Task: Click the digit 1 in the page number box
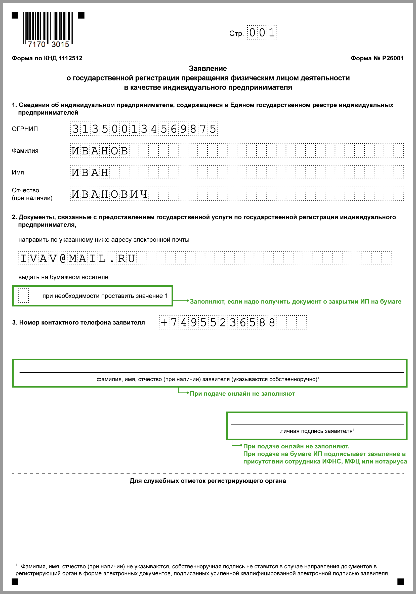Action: click(272, 33)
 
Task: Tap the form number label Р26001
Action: click(377, 58)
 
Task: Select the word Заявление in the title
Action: click(208, 69)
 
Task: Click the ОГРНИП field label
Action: click(25, 129)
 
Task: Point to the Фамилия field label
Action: click(25, 151)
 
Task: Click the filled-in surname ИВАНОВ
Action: click(100, 151)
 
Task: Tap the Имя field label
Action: click(18, 173)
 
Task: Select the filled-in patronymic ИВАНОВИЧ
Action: click(109, 194)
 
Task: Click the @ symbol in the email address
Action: click(63, 259)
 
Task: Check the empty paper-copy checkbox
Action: click(24, 296)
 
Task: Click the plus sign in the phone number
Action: click(164, 323)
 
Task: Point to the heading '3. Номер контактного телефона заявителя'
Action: click(78, 323)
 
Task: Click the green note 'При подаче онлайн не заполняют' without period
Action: click(242, 394)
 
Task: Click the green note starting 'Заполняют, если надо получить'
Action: click(296, 302)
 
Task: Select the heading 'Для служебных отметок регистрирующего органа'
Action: click(208, 481)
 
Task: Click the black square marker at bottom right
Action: click(401, 582)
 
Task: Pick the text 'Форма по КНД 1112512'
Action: click(47, 58)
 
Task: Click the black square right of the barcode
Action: click(81, 16)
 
